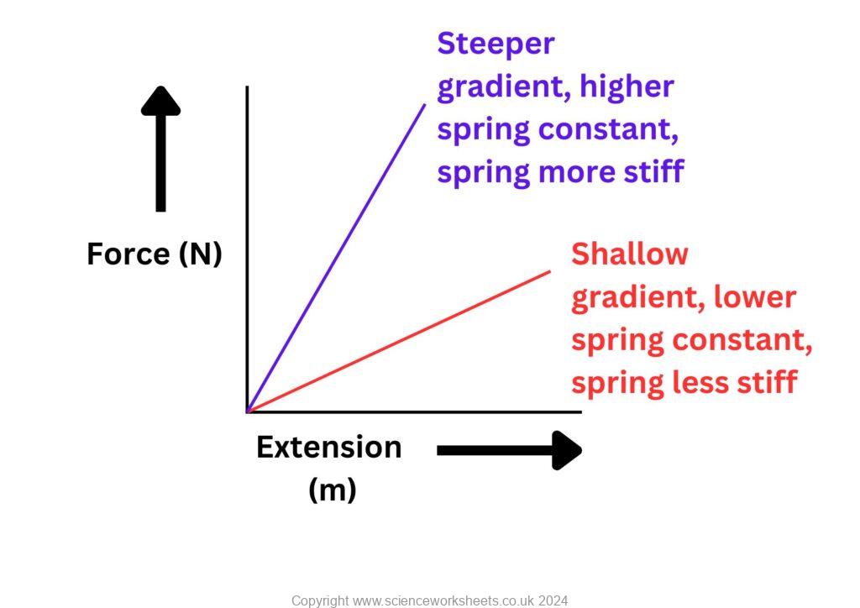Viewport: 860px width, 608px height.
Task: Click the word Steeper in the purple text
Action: tap(496, 44)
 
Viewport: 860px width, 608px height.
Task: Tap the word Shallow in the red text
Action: tap(629, 254)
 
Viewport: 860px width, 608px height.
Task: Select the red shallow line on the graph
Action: tap(399, 342)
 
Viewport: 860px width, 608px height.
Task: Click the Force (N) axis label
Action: tap(155, 253)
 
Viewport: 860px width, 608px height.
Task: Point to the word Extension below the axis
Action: tap(328, 447)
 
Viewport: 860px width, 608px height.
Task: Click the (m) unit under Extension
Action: tap(333, 490)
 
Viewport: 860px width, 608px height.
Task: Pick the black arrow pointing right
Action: tap(509, 450)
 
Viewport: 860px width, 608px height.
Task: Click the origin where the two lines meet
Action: tap(247, 411)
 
